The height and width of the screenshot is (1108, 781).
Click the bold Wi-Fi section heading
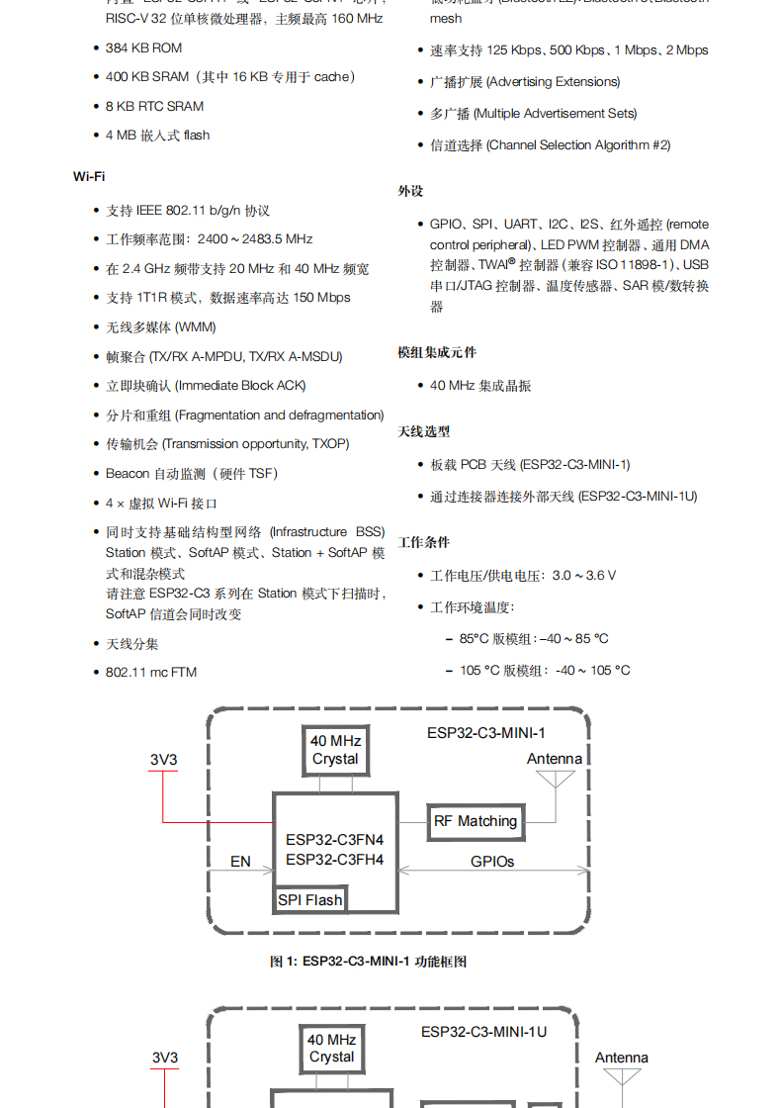click(89, 176)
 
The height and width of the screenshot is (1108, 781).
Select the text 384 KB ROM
click(143, 47)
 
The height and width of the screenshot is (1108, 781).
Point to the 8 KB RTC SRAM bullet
click(154, 106)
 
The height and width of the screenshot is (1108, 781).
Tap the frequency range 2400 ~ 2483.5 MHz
click(255, 239)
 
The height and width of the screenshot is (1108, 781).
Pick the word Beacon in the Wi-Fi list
click(127, 474)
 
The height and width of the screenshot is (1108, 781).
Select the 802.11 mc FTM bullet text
click(151, 673)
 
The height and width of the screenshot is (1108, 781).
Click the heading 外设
click(410, 191)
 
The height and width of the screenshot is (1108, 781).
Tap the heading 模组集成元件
click(437, 352)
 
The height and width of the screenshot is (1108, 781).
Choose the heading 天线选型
click(424, 431)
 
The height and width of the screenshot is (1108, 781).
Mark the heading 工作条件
click(424, 542)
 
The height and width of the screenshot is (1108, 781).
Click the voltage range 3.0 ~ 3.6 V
click(584, 575)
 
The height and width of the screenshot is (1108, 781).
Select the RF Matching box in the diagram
click(476, 821)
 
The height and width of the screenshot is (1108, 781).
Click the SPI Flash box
click(310, 899)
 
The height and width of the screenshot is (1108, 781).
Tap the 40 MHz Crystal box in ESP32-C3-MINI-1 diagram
click(335, 750)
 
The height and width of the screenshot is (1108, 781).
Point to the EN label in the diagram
click(240, 862)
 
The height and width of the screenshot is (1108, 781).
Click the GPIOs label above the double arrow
click(492, 862)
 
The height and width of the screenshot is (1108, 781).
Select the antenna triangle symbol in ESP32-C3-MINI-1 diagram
click(555, 780)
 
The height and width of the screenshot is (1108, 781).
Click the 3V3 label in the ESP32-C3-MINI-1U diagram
click(165, 1058)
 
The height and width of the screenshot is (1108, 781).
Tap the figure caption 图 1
click(368, 961)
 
